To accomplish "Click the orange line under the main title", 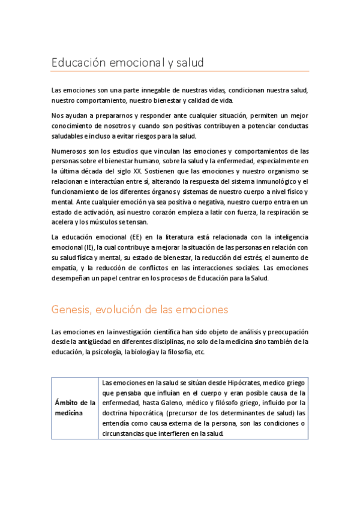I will click(180, 72).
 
